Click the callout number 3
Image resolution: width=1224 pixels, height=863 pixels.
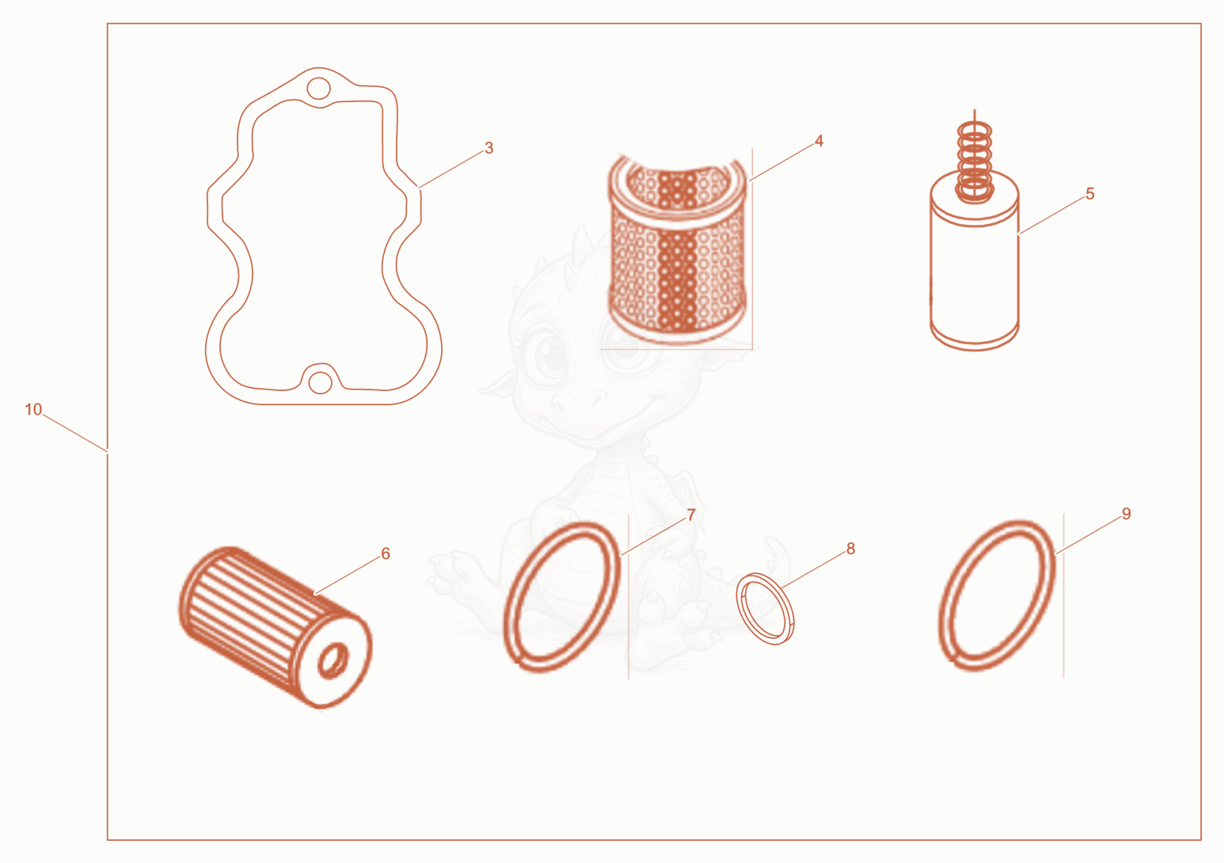(488, 148)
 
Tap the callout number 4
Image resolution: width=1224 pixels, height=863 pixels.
(819, 141)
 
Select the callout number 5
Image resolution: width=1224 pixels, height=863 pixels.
(1089, 193)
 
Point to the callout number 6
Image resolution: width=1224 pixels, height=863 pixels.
(386, 553)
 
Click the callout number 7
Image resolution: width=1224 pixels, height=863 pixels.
(690, 515)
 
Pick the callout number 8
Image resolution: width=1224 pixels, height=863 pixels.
(850, 549)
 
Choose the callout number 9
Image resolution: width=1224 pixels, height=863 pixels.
(1126, 514)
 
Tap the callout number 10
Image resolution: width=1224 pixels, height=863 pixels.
(33, 409)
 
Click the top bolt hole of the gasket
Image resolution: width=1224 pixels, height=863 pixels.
(318, 87)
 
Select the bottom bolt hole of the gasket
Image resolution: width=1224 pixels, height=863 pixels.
(320, 382)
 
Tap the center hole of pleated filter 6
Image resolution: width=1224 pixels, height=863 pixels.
(333, 660)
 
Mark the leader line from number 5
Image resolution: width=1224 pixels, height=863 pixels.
(1051, 215)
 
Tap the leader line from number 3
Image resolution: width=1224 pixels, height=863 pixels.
(450, 169)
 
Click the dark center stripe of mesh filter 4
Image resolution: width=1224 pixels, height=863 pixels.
(677, 252)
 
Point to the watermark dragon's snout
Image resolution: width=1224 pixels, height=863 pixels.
(580, 401)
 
